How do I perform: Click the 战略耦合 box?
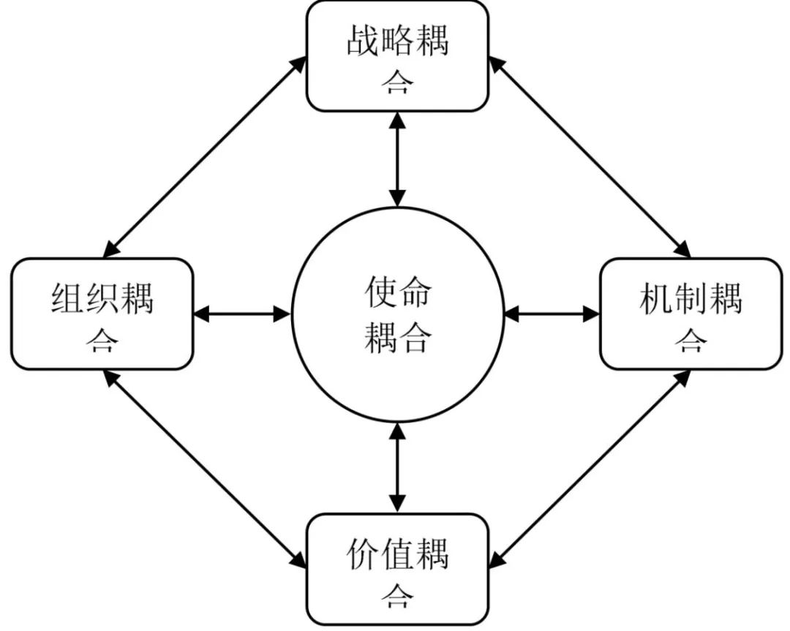397,56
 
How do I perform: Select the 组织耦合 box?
102,314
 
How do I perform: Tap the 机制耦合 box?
691,314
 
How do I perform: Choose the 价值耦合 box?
397,569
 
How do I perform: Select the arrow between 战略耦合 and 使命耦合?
397,158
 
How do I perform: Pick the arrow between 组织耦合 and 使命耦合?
242,314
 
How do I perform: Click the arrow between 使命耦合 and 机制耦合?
552,314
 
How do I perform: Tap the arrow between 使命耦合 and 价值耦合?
397,468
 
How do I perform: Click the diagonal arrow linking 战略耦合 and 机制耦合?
590,157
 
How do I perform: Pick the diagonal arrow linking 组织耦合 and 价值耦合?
205,468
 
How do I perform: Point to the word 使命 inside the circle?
397,293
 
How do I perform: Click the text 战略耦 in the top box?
397,42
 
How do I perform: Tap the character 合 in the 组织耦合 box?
102,340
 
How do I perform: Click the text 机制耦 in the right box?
691,300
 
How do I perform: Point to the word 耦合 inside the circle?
397,338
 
